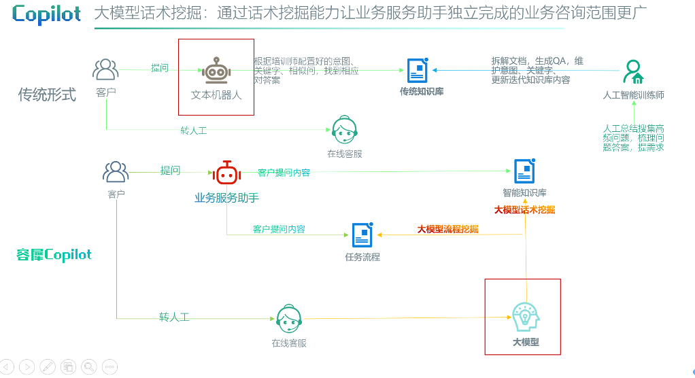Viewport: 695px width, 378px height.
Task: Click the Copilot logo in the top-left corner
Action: point(46,14)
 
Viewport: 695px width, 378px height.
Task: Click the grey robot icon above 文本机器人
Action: point(216,70)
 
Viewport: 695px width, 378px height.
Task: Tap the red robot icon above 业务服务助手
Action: point(226,173)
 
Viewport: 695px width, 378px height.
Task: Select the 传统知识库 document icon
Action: point(418,70)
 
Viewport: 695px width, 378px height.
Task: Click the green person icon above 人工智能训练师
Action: point(633,71)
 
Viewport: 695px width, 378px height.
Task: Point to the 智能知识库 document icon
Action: point(524,171)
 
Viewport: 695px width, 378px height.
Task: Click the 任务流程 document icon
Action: point(362,235)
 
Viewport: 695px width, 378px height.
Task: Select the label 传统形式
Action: point(47,94)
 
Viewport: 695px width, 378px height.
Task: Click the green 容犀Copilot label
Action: point(54,255)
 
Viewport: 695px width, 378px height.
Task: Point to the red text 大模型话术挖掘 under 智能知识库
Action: point(524,209)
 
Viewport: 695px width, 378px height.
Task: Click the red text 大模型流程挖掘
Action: point(447,229)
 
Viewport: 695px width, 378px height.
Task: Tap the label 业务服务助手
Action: point(226,198)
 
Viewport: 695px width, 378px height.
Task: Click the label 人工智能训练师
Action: point(633,95)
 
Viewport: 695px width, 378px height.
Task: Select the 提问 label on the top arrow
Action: point(160,68)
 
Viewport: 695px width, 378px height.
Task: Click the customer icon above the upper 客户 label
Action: point(105,69)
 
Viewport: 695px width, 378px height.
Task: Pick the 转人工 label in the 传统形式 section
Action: point(193,130)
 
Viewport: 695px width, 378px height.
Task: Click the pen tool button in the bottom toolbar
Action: point(48,366)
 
